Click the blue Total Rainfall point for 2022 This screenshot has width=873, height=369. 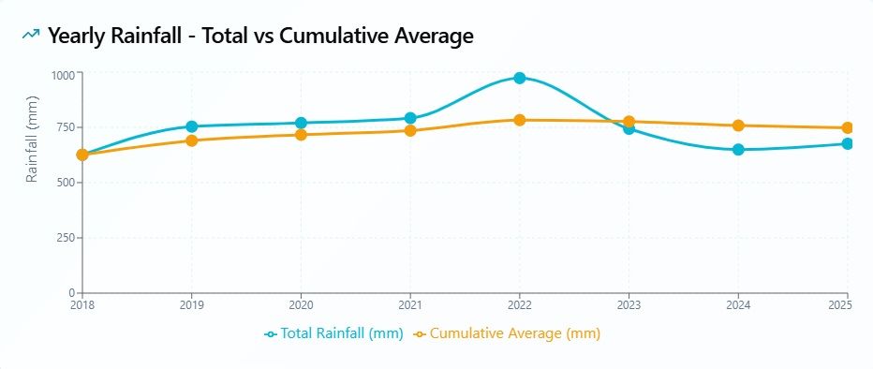520,78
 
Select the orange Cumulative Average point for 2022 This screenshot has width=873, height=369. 520,120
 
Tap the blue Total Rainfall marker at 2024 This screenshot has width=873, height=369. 738,150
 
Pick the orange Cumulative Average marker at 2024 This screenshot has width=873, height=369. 738,125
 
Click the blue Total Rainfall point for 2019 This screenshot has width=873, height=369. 191,126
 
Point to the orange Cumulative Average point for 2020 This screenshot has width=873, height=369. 301,135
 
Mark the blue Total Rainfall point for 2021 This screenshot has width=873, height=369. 410,118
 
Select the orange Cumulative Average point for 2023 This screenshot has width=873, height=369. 629,122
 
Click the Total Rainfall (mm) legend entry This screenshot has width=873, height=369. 333,334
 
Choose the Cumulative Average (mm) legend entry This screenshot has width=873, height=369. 507,334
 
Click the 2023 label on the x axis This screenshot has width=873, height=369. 629,305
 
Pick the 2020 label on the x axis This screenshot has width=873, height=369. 301,305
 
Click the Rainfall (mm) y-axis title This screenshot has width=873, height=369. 32,139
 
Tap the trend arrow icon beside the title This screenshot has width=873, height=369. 31,35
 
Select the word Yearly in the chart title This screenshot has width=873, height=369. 76,37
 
